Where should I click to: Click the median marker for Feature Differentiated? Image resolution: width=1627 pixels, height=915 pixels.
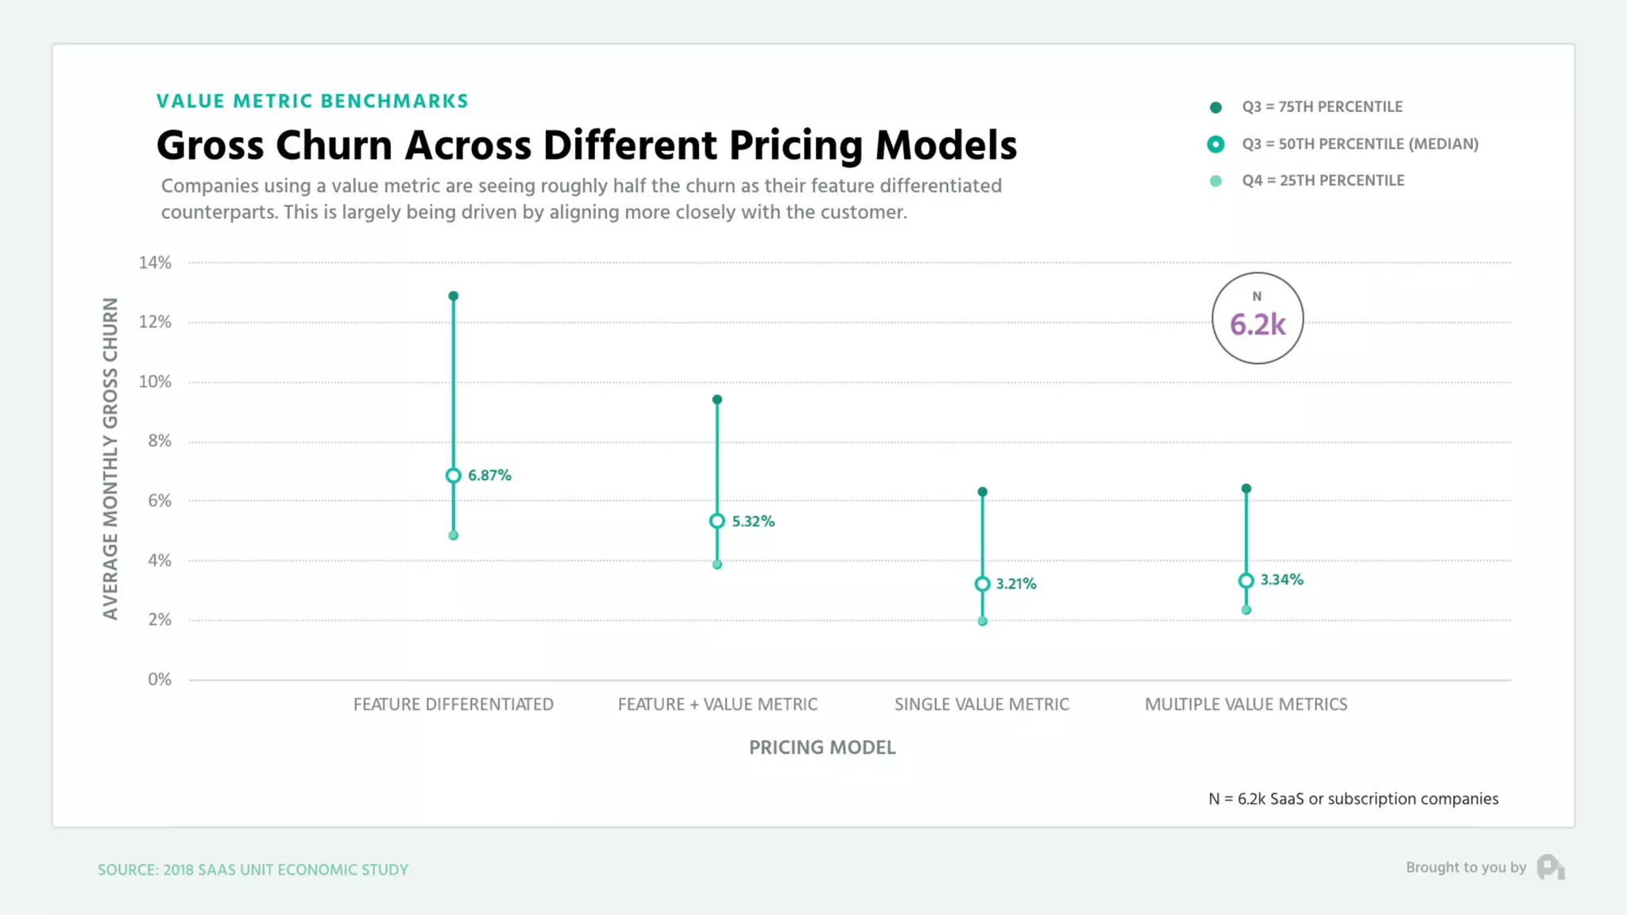click(x=453, y=476)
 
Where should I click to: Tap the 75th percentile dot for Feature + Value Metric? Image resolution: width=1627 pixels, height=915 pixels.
click(x=717, y=400)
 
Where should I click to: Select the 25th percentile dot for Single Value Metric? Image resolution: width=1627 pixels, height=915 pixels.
click(x=982, y=621)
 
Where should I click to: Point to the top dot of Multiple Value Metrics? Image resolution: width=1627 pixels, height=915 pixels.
click(x=1246, y=488)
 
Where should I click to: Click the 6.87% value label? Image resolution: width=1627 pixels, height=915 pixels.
click(x=489, y=475)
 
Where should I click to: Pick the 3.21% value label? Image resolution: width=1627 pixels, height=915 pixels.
click(x=1016, y=584)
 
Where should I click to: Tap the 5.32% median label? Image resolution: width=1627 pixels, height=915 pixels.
click(x=752, y=521)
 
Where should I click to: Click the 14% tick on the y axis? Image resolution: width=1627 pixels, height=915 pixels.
click(x=155, y=262)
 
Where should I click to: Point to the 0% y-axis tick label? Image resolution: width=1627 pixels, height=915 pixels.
click(x=159, y=679)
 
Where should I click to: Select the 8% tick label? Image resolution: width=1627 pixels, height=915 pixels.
click(x=159, y=441)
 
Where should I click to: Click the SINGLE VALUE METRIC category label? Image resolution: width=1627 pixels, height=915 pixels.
click(x=981, y=705)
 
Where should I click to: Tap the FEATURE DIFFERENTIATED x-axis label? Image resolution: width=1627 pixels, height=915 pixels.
click(x=453, y=705)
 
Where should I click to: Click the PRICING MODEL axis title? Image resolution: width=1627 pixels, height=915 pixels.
click(x=822, y=747)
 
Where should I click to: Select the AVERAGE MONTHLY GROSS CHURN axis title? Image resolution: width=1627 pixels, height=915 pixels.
click(x=110, y=458)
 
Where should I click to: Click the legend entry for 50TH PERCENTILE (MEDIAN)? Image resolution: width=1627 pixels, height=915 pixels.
click(x=1359, y=144)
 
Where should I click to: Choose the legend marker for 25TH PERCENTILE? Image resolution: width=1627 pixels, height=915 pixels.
click(x=1215, y=181)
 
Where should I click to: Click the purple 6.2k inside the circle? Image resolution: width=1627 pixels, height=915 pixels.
click(x=1258, y=325)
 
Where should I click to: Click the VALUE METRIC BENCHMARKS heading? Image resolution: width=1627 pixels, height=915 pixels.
click(x=312, y=101)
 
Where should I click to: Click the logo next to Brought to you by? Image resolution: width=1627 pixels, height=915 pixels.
click(x=1550, y=867)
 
